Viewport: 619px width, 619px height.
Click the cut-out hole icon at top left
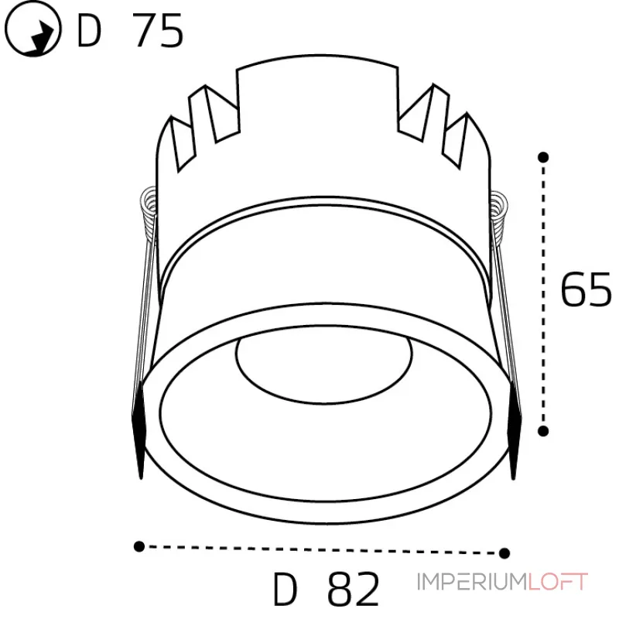(33, 29)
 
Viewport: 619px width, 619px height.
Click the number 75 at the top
(158, 30)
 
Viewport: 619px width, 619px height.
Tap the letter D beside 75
(89, 31)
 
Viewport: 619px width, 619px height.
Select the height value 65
(586, 289)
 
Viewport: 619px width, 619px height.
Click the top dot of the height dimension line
(543, 157)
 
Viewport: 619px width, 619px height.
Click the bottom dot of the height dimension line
(543, 431)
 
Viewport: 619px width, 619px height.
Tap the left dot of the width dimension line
(139, 546)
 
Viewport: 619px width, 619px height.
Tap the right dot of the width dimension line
(504, 553)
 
